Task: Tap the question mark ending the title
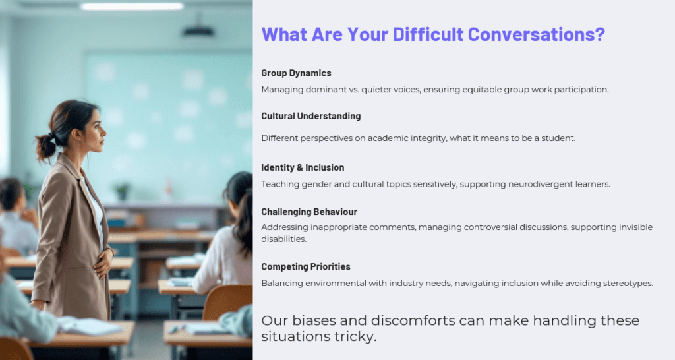click(x=601, y=34)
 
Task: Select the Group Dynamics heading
click(x=296, y=73)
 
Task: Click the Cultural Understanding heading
click(x=311, y=116)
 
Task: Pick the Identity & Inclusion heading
click(x=303, y=167)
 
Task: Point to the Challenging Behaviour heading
click(x=309, y=212)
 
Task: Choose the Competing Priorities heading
click(x=306, y=267)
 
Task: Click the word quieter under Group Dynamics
click(x=376, y=90)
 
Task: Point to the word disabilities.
click(x=283, y=239)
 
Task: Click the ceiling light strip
click(x=132, y=6)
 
